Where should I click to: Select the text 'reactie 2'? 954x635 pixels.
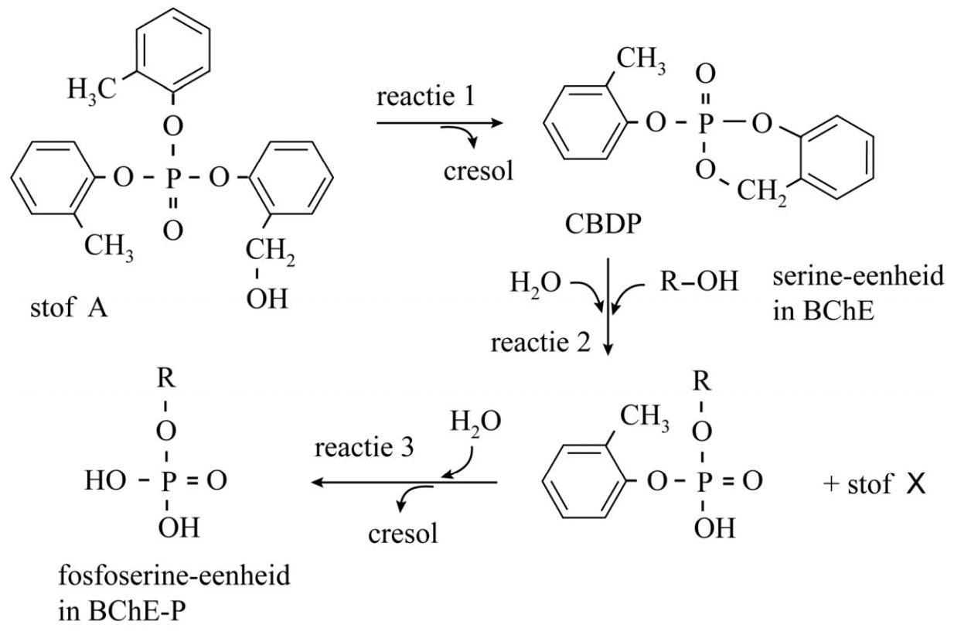pyautogui.click(x=539, y=341)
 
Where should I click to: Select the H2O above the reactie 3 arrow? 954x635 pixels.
pyautogui.click(x=475, y=422)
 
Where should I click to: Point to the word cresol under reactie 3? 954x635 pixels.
pyautogui.click(x=402, y=533)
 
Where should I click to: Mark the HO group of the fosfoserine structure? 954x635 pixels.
pyautogui.click(x=106, y=482)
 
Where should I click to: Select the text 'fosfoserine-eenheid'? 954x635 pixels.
pyautogui.click(x=174, y=575)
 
